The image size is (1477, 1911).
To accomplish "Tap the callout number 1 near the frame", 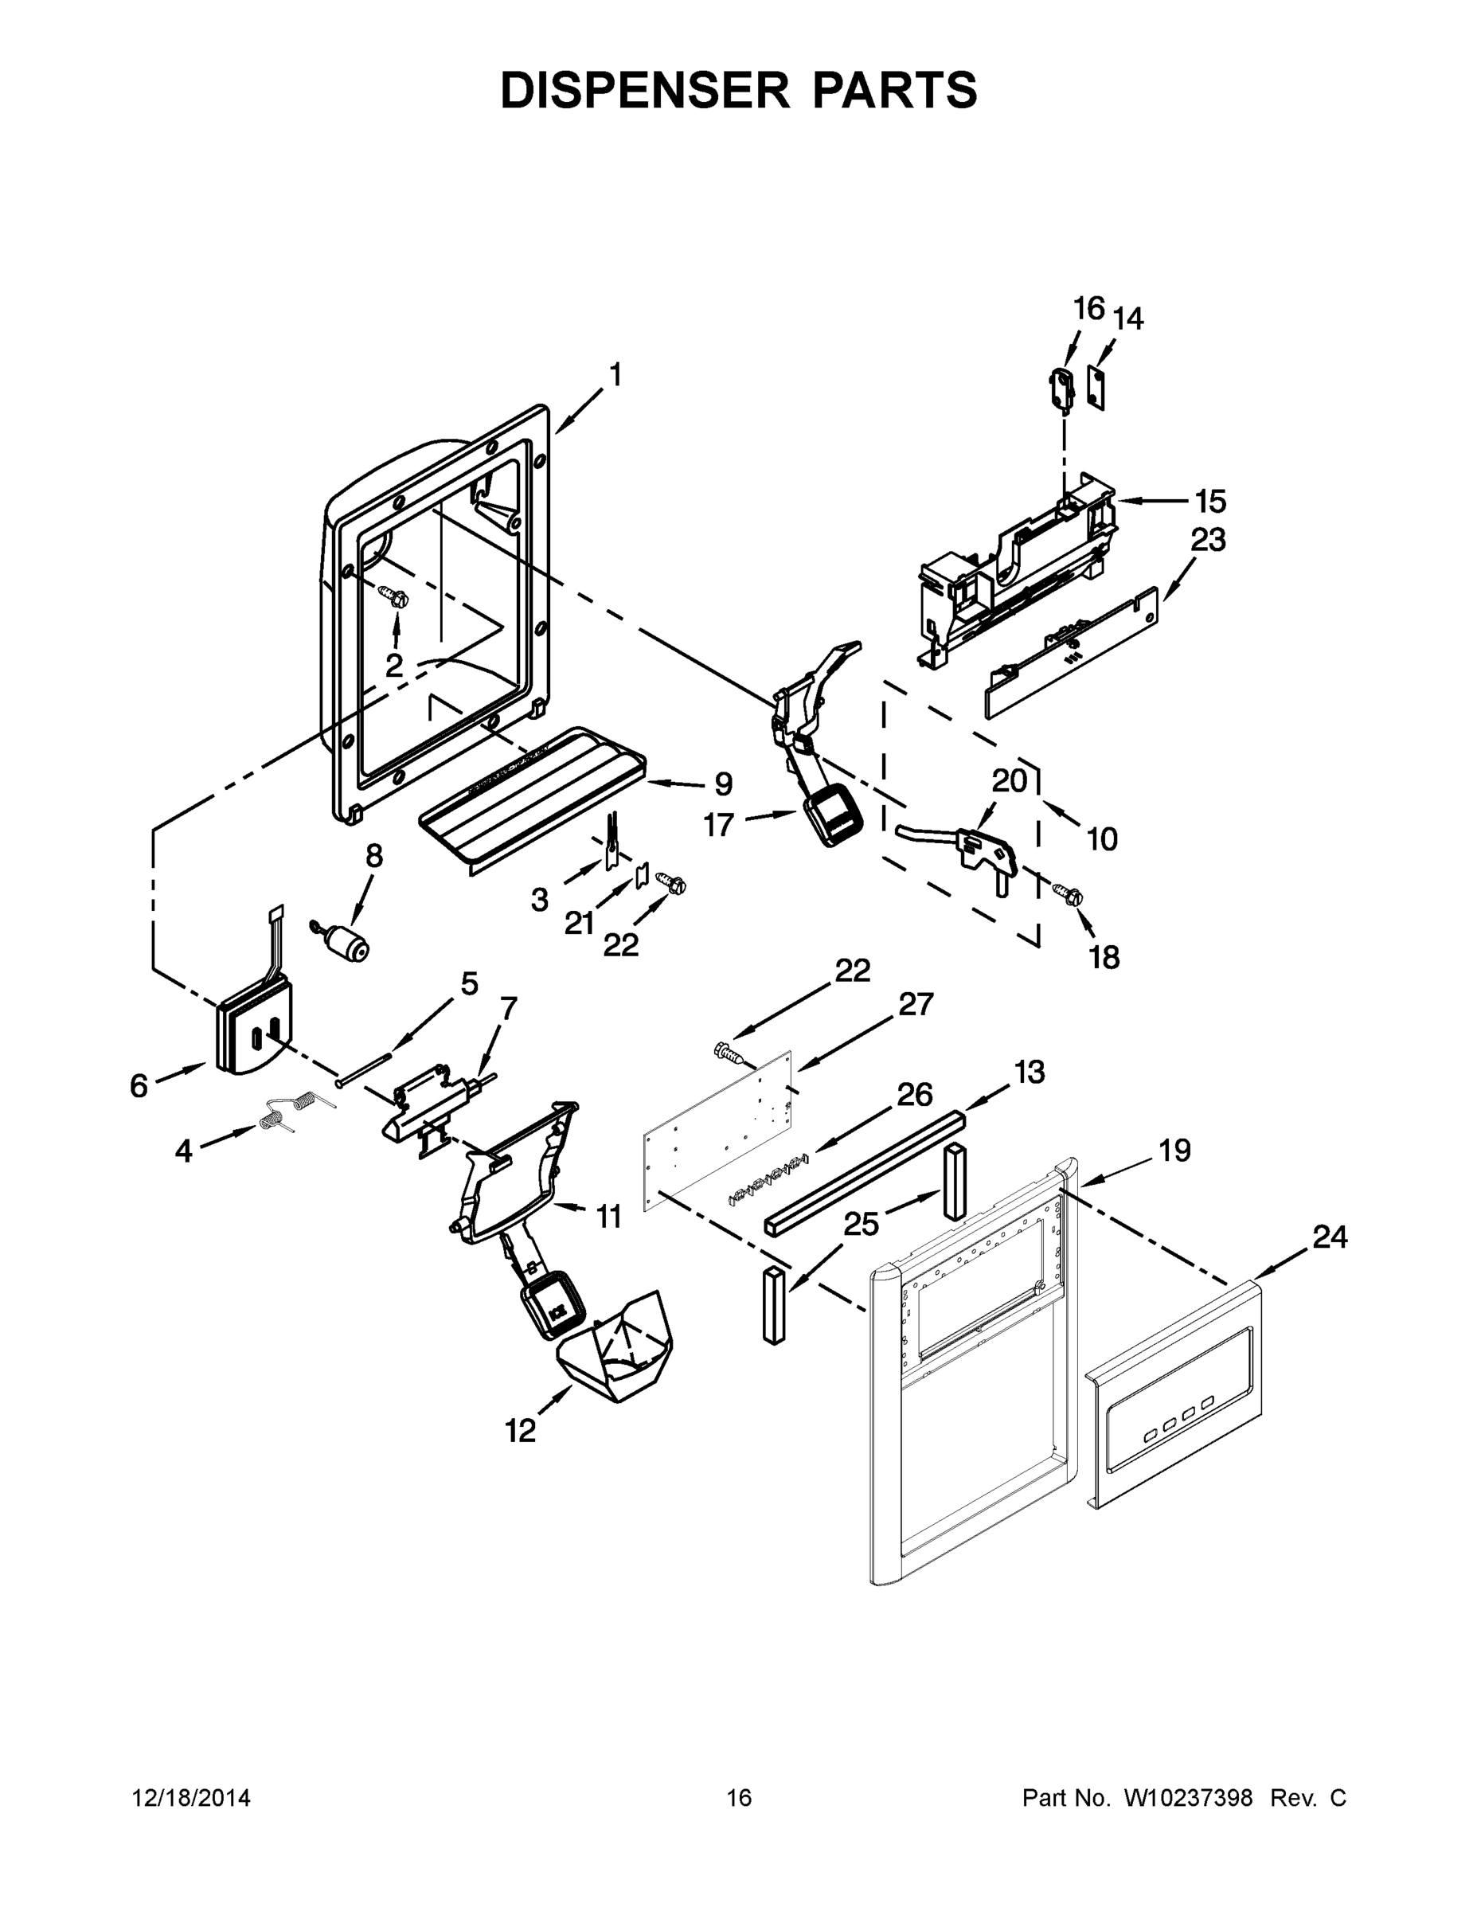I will tap(615, 374).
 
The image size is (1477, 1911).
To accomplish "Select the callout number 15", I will tap(1211, 502).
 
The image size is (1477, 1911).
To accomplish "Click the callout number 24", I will tap(1329, 1237).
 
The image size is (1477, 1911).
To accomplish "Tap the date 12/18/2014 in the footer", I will tap(191, 1798).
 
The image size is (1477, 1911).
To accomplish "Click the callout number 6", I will tap(139, 1086).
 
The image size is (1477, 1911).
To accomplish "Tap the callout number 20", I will tap(1010, 780).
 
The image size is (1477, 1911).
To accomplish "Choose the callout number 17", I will tap(719, 824).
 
